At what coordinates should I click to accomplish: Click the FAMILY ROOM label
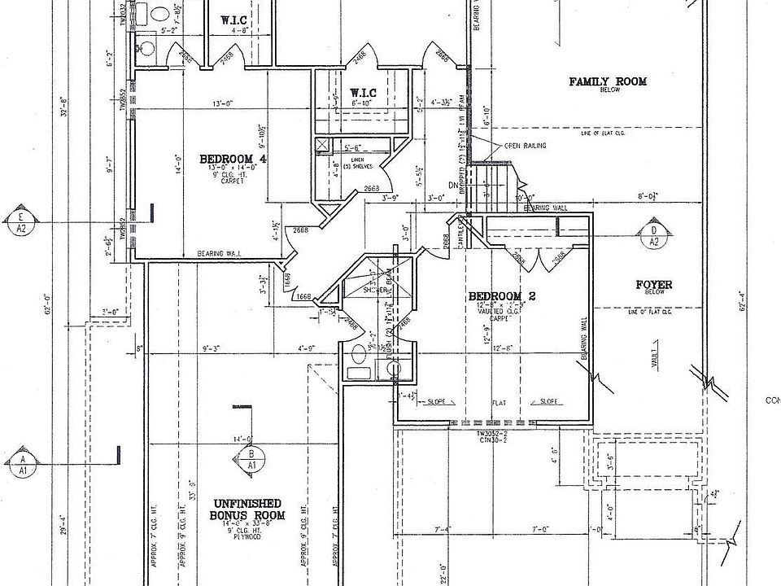coord(607,81)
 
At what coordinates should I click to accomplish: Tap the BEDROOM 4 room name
coord(233,158)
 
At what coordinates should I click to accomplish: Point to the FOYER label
coord(653,285)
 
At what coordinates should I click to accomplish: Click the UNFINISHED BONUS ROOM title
coord(247,509)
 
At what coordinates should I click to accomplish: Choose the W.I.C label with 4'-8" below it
coord(239,20)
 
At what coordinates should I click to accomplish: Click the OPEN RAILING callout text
coord(524,146)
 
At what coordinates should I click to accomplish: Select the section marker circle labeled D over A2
coord(653,235)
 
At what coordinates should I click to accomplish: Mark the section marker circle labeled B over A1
coord(251,459)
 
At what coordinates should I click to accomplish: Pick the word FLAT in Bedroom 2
coord(500,401)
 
